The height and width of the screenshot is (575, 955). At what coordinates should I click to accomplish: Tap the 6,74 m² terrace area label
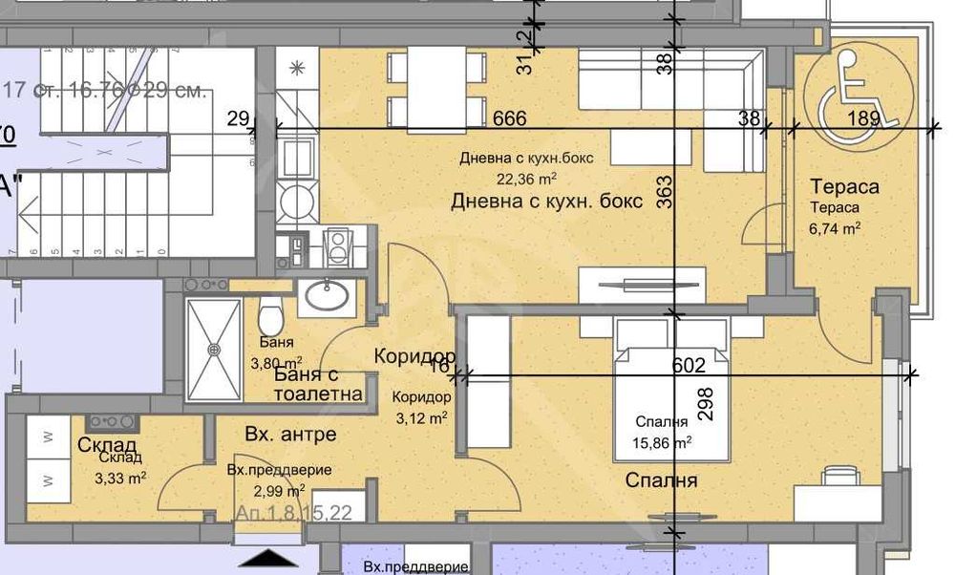836,227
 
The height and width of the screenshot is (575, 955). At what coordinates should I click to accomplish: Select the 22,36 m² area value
526,178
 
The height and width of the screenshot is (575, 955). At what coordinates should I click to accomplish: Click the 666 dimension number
510,118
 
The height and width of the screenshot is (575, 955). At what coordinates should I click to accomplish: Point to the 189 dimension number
864,118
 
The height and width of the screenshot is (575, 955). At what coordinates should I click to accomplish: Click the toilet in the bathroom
269,312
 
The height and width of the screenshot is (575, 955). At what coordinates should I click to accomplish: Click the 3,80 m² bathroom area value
276,363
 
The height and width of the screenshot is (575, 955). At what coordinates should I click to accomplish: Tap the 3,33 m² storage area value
119,479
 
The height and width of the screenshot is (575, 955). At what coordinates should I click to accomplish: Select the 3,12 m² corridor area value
420,417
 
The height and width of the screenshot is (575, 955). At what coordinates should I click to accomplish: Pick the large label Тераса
843,187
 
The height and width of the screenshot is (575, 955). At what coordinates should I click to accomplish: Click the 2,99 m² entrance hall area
279,491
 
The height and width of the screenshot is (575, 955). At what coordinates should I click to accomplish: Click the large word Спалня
661,480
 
